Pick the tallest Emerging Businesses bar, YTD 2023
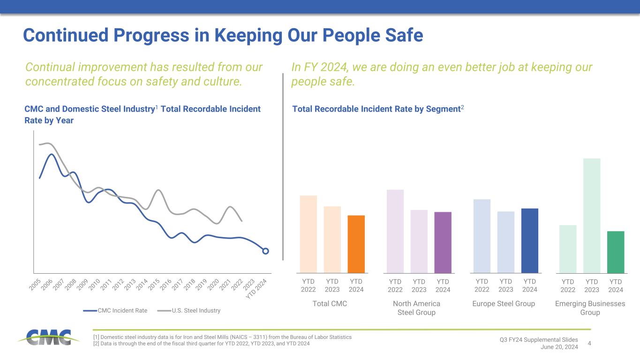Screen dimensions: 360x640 (592, 215)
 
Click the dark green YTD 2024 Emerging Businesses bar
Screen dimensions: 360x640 (615, 252)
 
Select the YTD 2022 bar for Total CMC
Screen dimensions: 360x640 (308, 234)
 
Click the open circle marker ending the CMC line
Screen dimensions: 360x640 (265, 251)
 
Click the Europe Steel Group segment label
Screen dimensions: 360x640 (504, 304)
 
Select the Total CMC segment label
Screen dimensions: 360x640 (330, 304)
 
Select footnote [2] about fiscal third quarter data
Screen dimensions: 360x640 (202, 344)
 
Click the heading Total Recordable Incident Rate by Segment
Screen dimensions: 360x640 (378, 109)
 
